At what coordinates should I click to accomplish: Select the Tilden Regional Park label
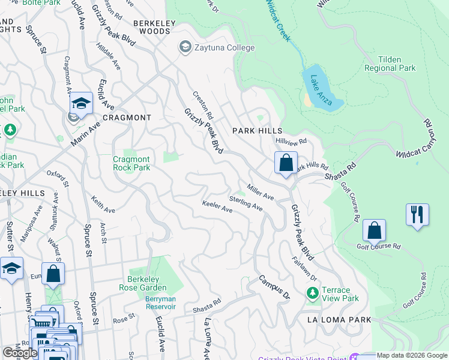(390, 64)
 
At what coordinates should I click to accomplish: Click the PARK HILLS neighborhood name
(256, 130)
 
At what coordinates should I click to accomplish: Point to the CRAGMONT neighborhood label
(127, 118)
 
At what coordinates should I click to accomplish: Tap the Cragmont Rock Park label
(131, 163)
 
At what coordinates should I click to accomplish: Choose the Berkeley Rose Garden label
(150, 283)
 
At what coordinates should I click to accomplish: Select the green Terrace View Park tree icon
(312, 293)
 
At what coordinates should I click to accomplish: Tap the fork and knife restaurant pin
(417, 215)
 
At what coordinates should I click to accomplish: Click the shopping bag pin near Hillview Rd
(286, 163)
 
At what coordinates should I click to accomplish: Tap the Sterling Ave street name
(246, 203)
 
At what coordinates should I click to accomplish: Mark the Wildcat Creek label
(279, 20)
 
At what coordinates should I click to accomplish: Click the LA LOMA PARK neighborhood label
(339, 320)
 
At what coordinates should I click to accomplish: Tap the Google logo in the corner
(20, 353)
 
